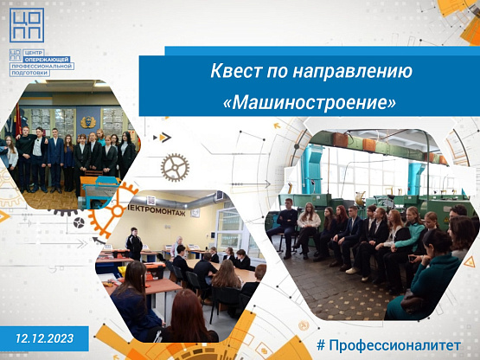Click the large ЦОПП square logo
(27, 25)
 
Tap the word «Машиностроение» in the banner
(310, 103)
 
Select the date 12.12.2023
(45, 338)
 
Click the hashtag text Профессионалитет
(389, 345)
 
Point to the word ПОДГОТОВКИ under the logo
(29, 73)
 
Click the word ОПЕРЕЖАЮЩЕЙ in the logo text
(48, 59)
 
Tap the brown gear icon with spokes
(175, 168)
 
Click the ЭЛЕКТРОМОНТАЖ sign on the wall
(157, 211)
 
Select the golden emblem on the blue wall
(88, 122)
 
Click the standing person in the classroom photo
(134, 244)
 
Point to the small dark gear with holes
(79, 222)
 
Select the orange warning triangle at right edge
(469, 262)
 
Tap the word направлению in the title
(352, 72)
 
